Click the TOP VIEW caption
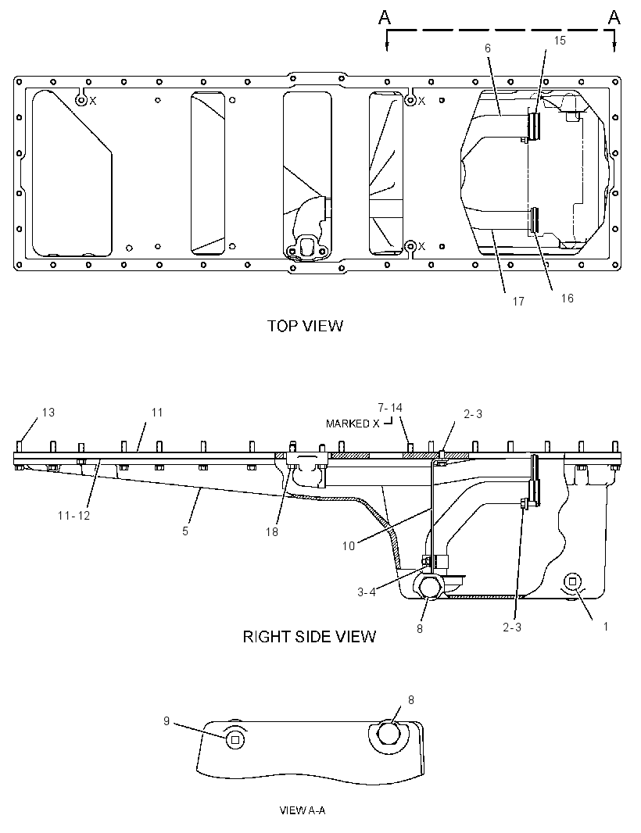coord(305,326)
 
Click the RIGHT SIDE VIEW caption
coord(310,636)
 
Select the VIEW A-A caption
coord(303,810)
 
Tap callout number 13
coord(48,413)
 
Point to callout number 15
coord(560,41)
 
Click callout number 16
coord(567,298)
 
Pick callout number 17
coord(518,301)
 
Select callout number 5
coord(185,531)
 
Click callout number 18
coord(271,531)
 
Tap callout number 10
coord(348,545)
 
